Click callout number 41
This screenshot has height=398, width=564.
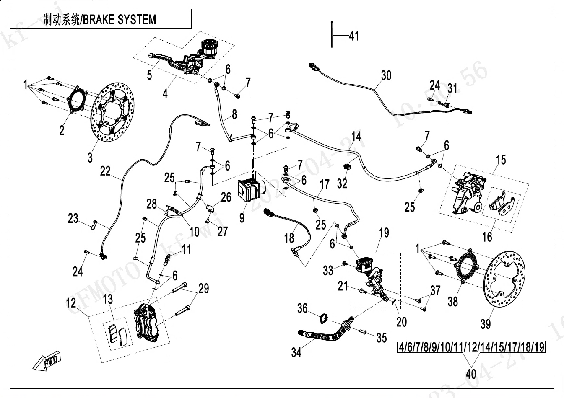[354, 36]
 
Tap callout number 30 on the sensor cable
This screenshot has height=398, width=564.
[386, 75]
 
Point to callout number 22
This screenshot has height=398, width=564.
[105, 171]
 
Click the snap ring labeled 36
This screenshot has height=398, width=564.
[323, 319]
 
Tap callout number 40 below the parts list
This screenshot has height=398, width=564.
[471, 373]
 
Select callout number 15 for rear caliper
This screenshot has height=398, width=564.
[501, 160]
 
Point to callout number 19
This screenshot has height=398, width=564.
[384, 233]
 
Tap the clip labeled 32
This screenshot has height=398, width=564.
[347, 167]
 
